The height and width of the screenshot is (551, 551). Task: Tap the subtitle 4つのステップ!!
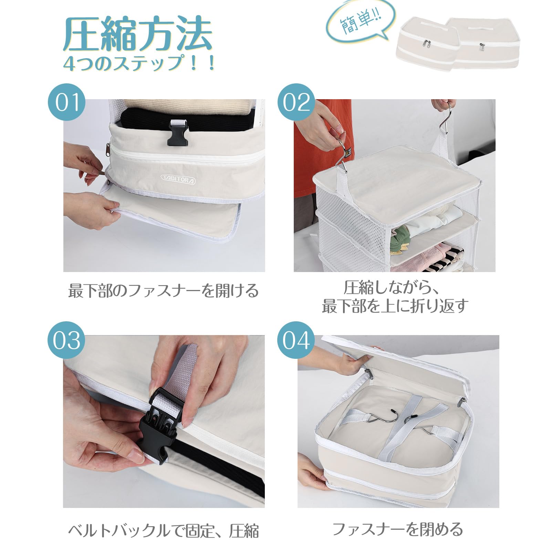point(139,63)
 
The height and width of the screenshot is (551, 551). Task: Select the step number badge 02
point(296,102)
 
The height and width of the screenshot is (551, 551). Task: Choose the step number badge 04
point(296,340)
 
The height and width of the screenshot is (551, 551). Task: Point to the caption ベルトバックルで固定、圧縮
point(163,531)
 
